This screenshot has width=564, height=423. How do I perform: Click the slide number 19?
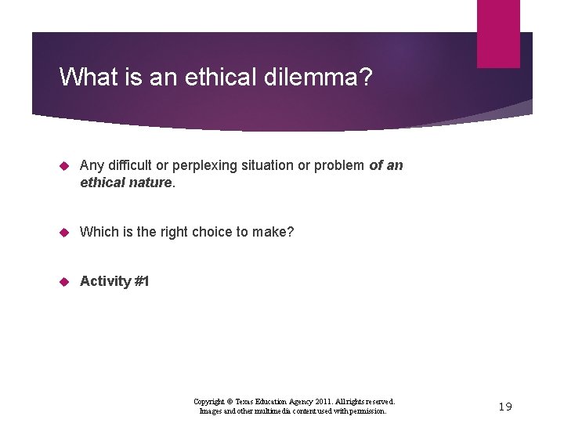[x=504, y=407]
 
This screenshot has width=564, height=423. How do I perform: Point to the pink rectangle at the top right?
[x=498, y=33]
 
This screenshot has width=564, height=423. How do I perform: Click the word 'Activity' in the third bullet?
[x=105, y=281]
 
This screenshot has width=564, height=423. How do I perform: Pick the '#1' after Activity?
[x=142, y=281]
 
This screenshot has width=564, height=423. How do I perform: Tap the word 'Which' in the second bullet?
[x=97, y=232]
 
